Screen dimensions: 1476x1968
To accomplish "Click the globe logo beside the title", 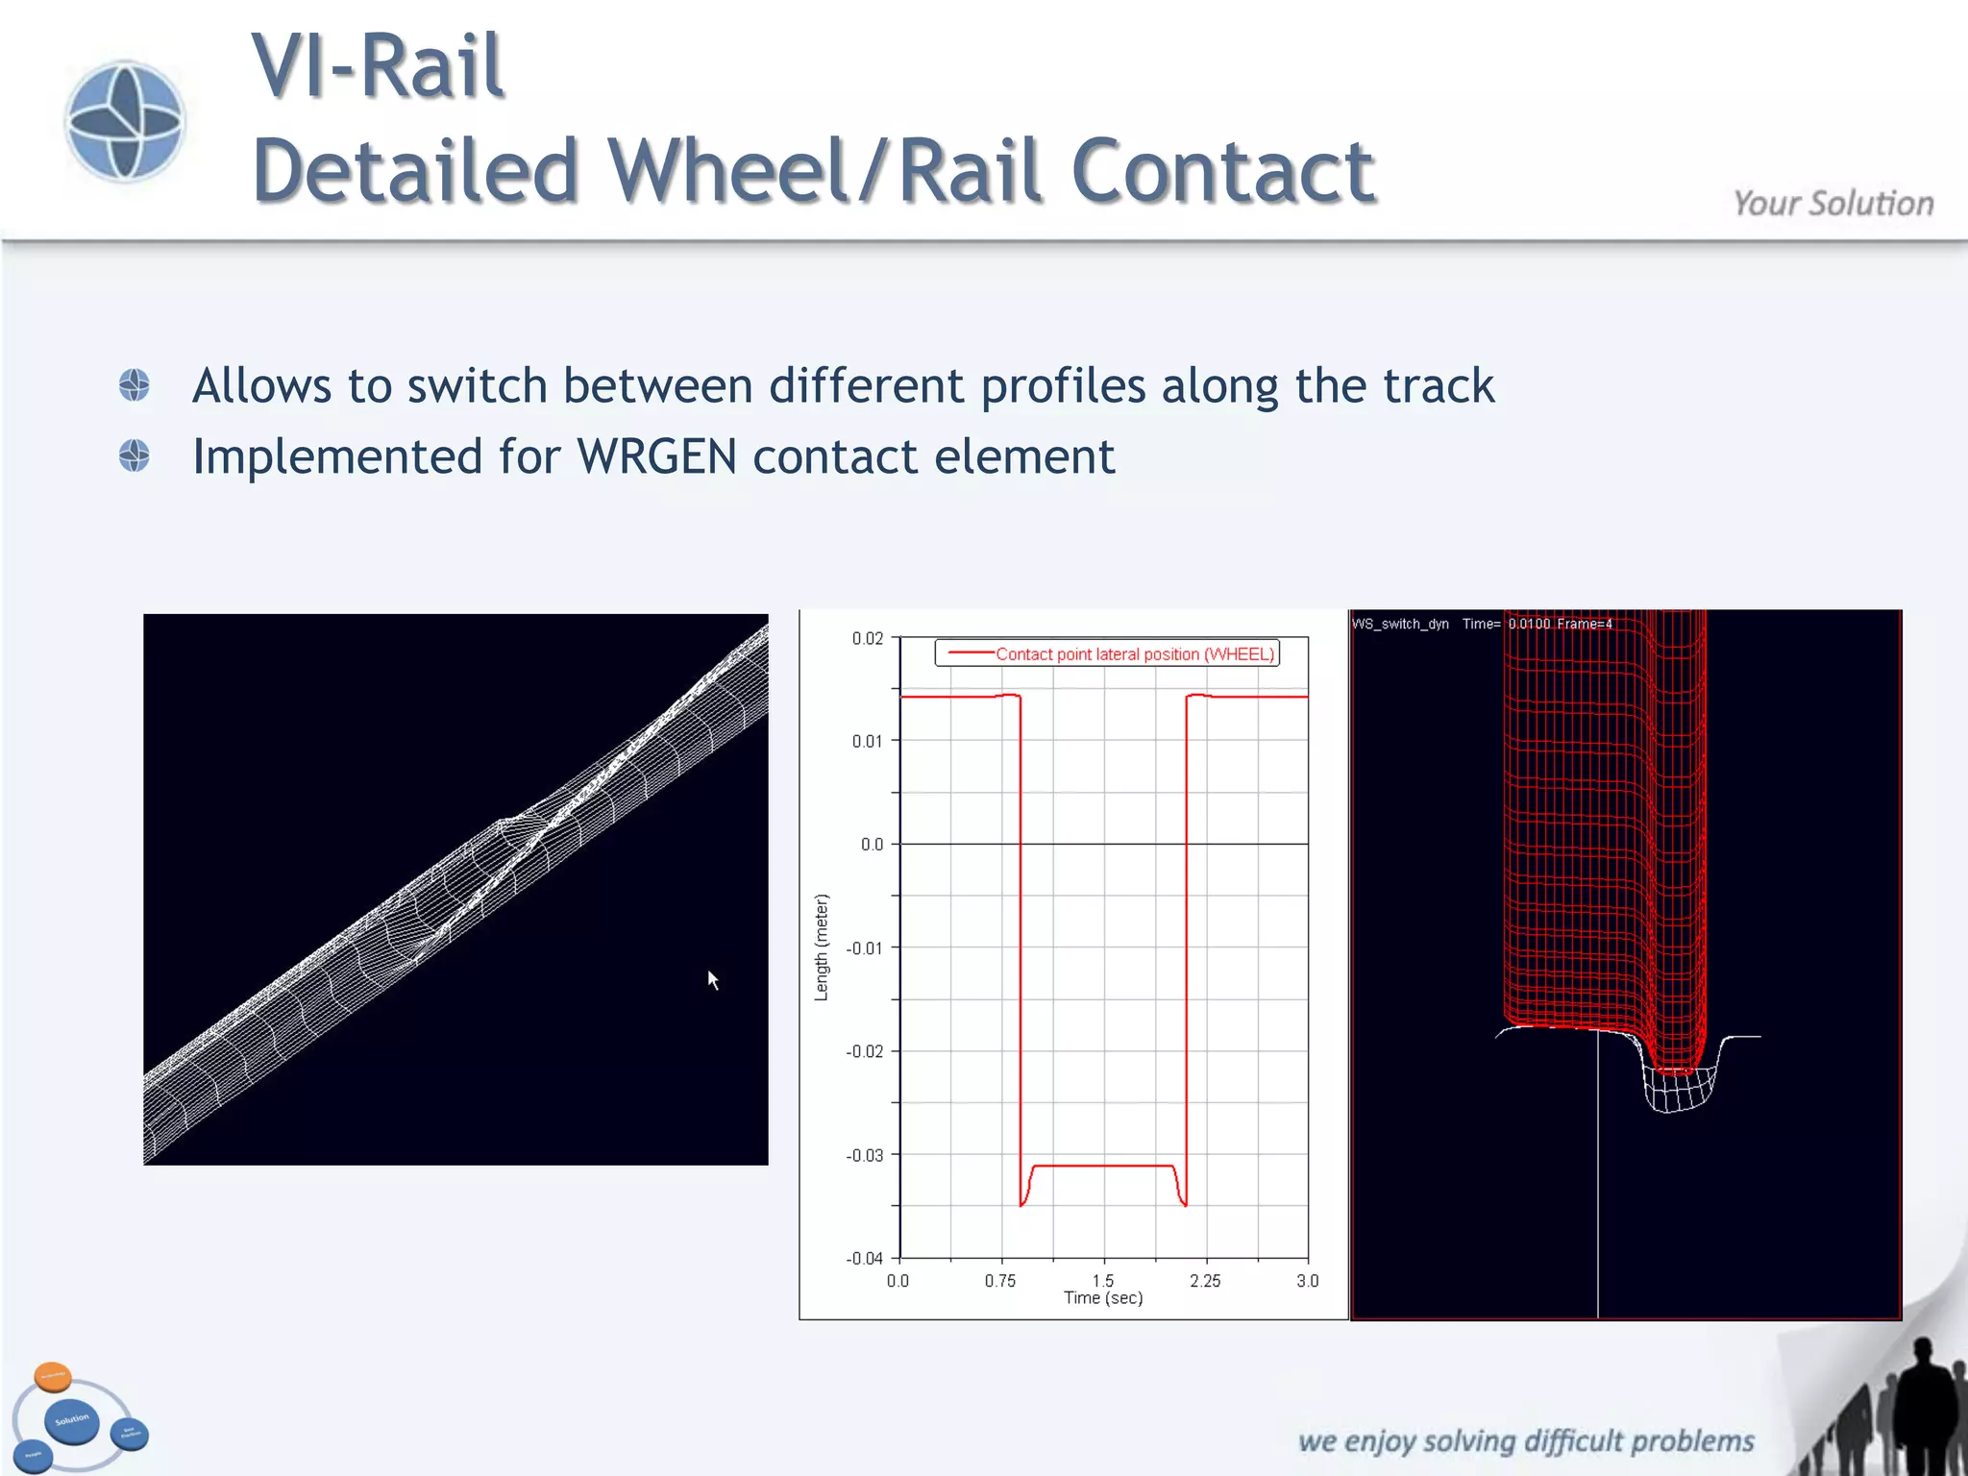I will pyautogui.click(x=125, y=121).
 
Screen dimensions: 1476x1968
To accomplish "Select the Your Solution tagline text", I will pyautogui.click(x=1833, y=204).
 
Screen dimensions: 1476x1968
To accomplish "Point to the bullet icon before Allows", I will pyautogui.click(x=135, y=385).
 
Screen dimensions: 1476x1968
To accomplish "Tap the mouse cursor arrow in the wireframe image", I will pyautogui.click(x=713, y=979).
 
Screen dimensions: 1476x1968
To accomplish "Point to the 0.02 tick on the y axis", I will pyautogui.click(x=867, y=639).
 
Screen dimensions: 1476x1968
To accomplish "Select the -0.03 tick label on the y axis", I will pyautogui.click(x=864, y=1155).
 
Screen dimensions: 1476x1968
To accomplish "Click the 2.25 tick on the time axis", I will pyautogui.click(x=1205, y=1281).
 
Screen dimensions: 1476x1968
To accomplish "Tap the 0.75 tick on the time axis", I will pyautogui.click(x=999, y=1281).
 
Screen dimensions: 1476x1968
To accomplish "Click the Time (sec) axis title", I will pyautogui.click(x=1103, y=1298).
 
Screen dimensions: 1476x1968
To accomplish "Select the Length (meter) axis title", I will pyautogui.click(x=821, y=947).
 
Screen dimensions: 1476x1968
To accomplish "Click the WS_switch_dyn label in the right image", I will pyautogui.click(x=1400, y=625).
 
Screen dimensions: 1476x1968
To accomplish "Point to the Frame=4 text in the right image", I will pyautogui.click(x=1585, y=625).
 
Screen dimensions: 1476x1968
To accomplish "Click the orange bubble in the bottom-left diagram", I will pyautogui.click(x=53, y=1376).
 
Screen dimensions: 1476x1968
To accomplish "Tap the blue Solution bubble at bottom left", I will pyautogui.click(x=72, y=1420).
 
